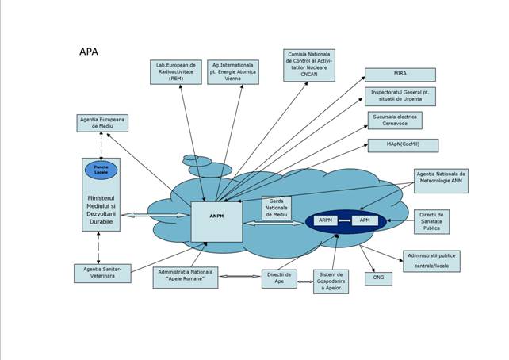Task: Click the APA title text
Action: (x=89, y=52)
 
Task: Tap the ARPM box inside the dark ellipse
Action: (x=325, y=220)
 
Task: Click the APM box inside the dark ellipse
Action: (x=365, y=220)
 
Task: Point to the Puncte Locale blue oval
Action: (x=101, y=170)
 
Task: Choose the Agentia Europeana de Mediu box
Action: (x=102, y=124)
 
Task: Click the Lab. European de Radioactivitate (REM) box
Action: (x=176, y=71)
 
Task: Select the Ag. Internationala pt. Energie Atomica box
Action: (x=231, y=71)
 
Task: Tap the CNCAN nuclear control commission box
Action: (x=309, y=65)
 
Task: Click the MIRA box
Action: (x=400, y=75)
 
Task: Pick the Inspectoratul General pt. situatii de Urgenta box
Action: (x=400, y=97)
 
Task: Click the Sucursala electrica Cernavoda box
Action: (x=394, y=121)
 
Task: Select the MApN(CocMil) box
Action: (x=402, y=145)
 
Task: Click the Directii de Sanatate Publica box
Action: (x=431, y=221)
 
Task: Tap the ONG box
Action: (x=377, y=278)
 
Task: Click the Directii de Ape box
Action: (x=277, y=278)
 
